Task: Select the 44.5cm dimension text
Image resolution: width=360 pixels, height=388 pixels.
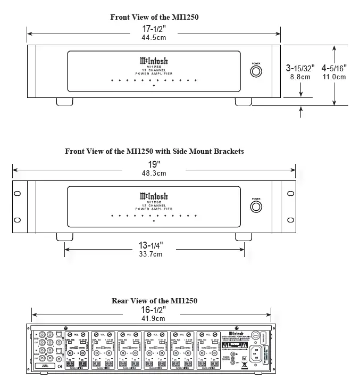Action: [154, 39]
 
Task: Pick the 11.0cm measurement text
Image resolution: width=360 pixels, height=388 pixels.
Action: [334, 77]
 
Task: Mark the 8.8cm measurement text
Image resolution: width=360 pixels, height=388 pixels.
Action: [300, 77]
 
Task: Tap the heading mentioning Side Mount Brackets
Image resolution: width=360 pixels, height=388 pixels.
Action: [154, 151]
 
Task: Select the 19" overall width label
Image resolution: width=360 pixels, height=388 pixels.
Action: [154, 164]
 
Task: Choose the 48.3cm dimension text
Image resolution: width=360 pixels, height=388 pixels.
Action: [154, 173]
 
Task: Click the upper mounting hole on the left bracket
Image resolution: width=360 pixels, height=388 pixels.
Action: [18, 193]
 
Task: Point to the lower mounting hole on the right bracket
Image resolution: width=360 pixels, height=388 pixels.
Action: [290, 219]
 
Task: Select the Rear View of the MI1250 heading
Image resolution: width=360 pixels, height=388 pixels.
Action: [154, 301]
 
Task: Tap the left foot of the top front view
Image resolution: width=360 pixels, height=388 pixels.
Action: [62, 101]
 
